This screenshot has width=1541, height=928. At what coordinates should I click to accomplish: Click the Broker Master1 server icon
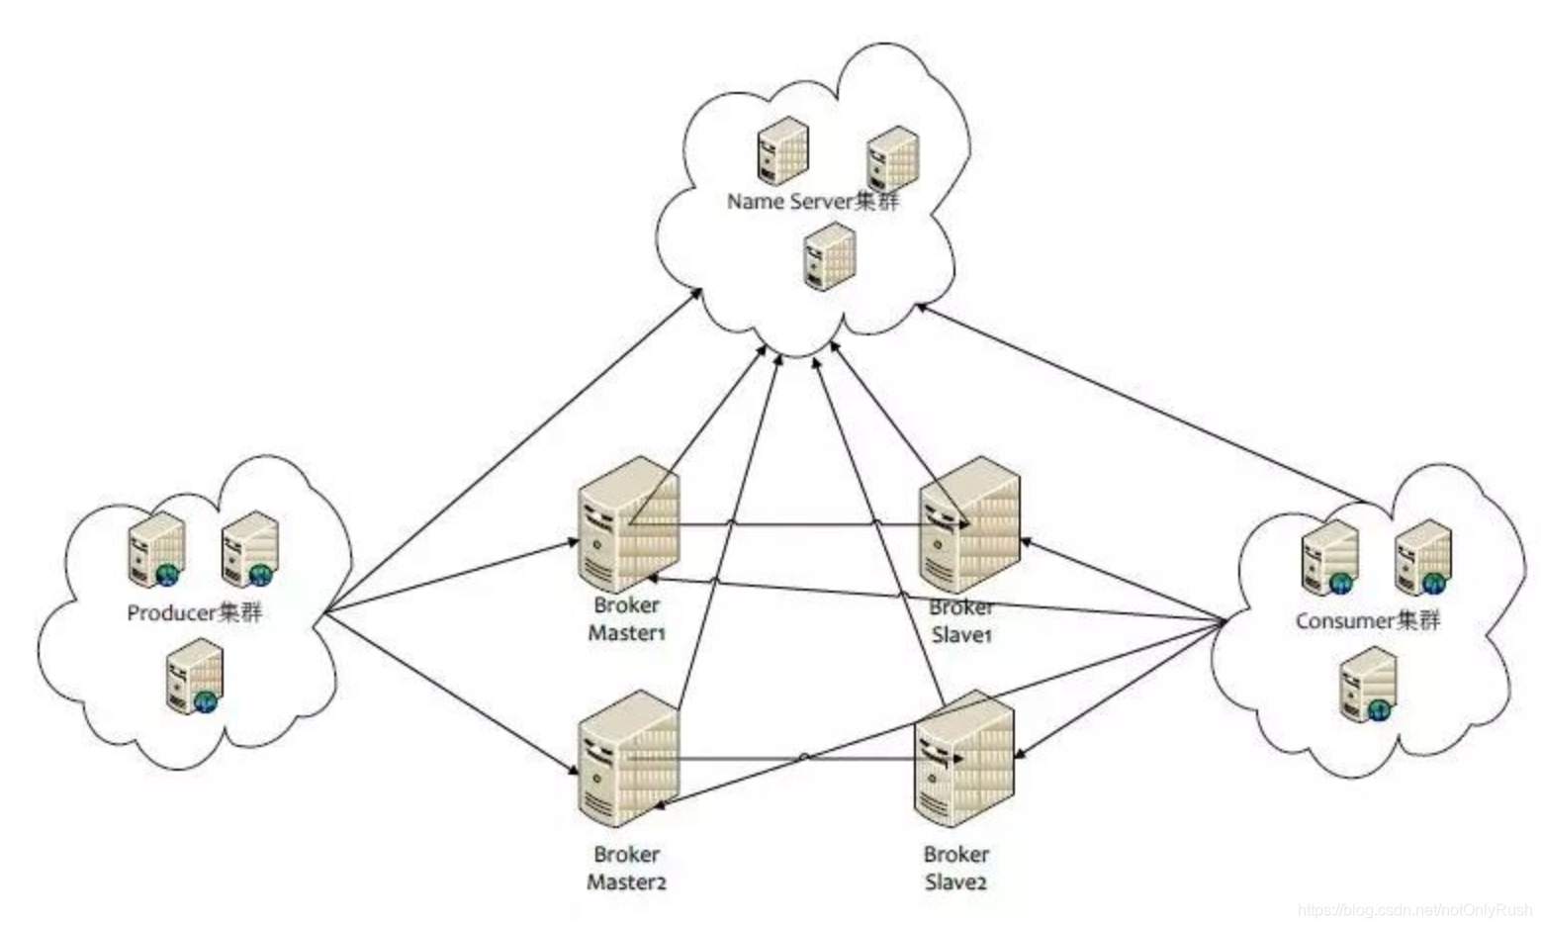pyautogui.click(x=629, y=524)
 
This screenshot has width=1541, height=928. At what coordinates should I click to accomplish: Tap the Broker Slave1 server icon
pyautogui.click(x=969, y=524)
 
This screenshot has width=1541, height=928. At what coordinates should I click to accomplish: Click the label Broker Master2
pyautogui.click(x=627, y=868)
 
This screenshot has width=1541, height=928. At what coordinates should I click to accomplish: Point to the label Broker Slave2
pyautogui.click(x=956, y=868)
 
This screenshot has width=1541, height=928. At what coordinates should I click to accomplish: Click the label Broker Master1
pyautogui.click(x=627, y=618)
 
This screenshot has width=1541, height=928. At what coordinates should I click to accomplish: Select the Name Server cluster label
pyautogui.click(x=813, y=201)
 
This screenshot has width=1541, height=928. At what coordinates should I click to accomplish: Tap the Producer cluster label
pyautogui.click(x=195, y=612)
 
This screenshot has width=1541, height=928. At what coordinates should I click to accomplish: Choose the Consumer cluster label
pyautogui.click(x=1368, y=620)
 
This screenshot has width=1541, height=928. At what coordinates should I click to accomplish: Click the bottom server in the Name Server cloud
pyautogui.click(x=829, y=255)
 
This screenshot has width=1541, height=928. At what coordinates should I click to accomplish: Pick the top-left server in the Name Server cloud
pyautogui.click(x=782, y=150)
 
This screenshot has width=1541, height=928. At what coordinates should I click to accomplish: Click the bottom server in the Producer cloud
pyautogui.click(x=194, y=676)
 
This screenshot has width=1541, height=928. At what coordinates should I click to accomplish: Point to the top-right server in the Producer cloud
pyautogui.click(x=248, y=549)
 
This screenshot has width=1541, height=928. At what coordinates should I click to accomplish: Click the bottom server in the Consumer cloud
pyautogui.click(x=1368, y=684)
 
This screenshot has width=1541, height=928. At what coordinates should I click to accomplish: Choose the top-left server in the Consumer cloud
pyautogui.click(x=1329, y=557)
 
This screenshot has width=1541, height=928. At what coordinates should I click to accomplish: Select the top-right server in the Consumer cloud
pyautogui.click(x=1423, y=557)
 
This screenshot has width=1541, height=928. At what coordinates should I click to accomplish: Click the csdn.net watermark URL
pyautogui.click(x=1413, y=909)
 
